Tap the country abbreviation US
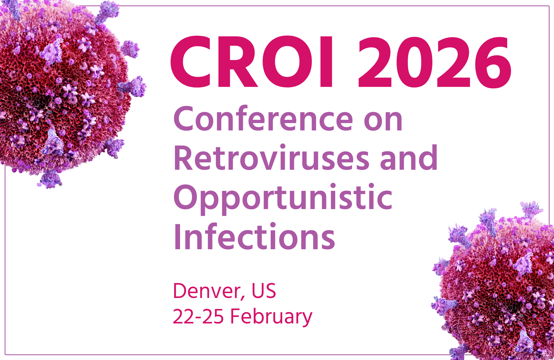click(x=264, y=291)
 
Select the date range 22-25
click(x=198, y=316)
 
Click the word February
click(x=271, y=317)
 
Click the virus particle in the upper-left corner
click(x=65, y=89)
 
